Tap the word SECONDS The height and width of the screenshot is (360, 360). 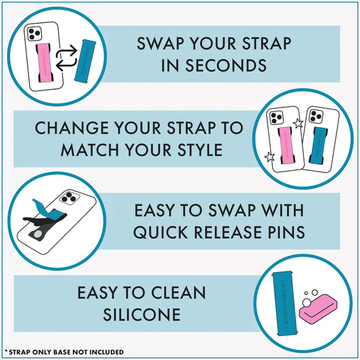(226, 66)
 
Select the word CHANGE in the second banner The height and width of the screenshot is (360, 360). (72, 128)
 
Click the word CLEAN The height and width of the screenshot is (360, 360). (178, 292)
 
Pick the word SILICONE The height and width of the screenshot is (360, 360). (142, 315)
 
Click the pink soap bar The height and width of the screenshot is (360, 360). (318, 309)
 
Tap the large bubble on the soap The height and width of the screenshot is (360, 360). (307, 303)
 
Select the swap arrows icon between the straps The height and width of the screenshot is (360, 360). (66, 58)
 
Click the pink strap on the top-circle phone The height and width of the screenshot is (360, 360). (45, 63)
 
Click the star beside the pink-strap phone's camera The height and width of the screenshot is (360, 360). (299, 124)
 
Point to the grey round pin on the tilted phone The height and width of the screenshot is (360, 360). (38, 234)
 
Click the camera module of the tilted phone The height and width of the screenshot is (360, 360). (70, 197)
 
